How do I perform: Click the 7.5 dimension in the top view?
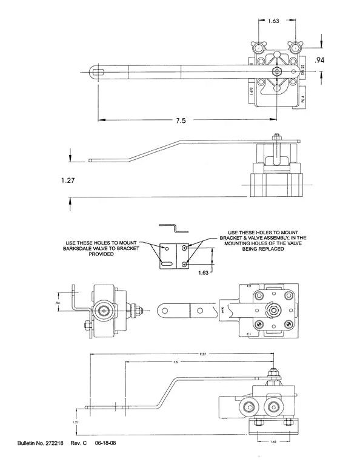(x=180, y=120)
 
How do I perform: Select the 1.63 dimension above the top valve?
(x=273, y=21)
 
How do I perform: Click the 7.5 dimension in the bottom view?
(x=175, y=362)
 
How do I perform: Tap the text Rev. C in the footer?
(x=79, y=443)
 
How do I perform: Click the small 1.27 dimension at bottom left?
(x=75, y=421)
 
